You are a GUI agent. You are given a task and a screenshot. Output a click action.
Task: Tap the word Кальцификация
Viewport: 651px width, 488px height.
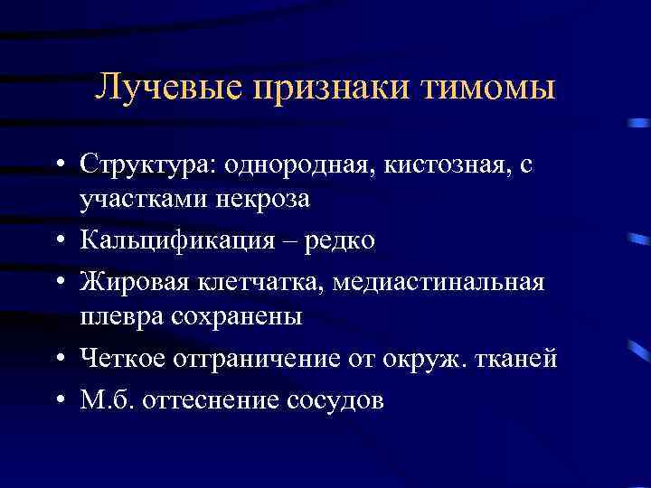click(176, 241)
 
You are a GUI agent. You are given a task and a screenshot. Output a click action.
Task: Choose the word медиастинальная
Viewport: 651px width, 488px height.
click(439, 283)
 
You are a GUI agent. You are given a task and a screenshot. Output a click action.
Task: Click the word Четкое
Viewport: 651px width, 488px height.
click(123, 359)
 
